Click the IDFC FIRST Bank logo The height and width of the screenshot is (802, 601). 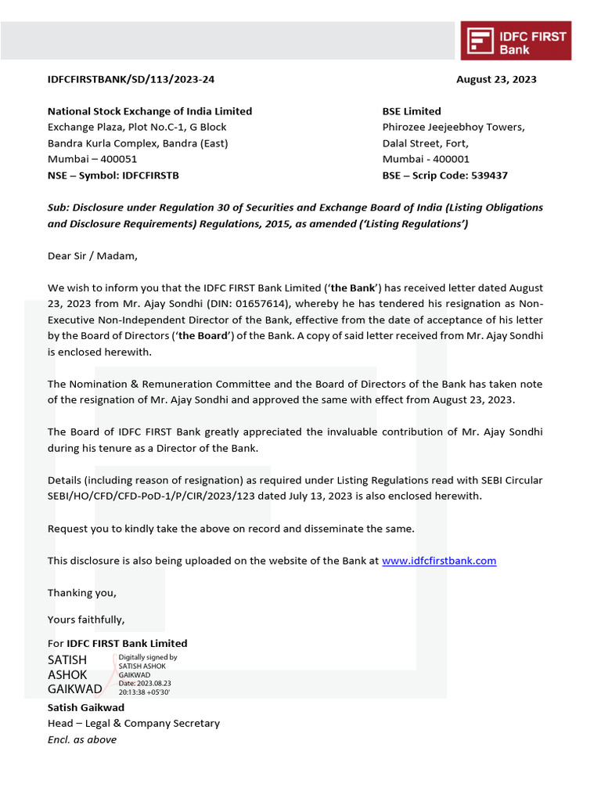[x=516, y=41]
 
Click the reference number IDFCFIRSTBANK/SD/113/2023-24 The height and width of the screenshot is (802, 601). [x=131, y=79]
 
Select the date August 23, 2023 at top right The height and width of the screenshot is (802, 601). [x=496, y=79]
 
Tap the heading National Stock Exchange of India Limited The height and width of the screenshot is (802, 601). [x=149, y=111]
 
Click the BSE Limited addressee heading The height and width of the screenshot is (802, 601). [x=412, y=111]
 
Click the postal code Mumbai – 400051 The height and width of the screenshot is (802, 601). [x=92, y=159]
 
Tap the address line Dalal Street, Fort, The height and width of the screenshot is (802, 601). [x=425, y=143]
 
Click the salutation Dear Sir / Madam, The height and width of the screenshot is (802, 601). [x=92, y=255]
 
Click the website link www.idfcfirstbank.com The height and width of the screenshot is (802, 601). [x=439, y=561]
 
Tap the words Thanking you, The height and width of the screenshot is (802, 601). [x=82, y=593]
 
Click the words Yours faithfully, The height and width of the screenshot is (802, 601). [x=86, y=620]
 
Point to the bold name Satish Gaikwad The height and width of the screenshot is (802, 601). [x=86, y=708]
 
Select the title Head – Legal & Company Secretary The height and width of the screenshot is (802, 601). [x=134, y=724]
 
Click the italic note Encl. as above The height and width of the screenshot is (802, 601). [x=82, y=739]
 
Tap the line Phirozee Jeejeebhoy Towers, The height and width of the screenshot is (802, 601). [x=453, y=127]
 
